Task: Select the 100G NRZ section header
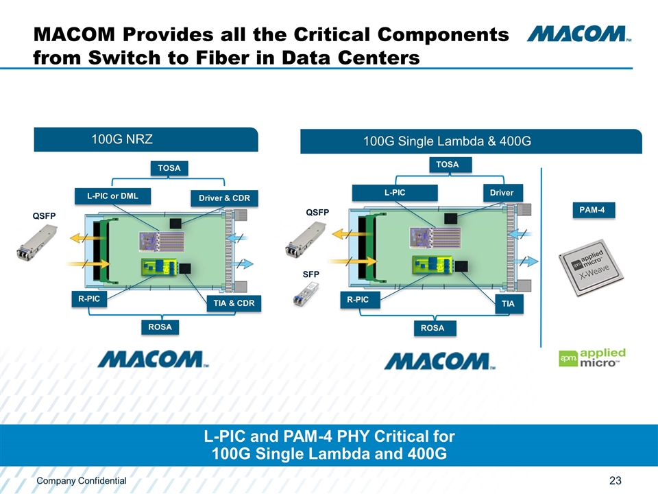[146, 139]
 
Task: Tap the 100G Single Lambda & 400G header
[471, 141]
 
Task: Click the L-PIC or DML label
[112, 196]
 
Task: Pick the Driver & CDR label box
[224, 199]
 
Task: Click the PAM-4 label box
[593, 209]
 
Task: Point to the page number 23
[614, 480]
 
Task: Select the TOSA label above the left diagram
[169, 167]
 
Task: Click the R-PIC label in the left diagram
[89, 299]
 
